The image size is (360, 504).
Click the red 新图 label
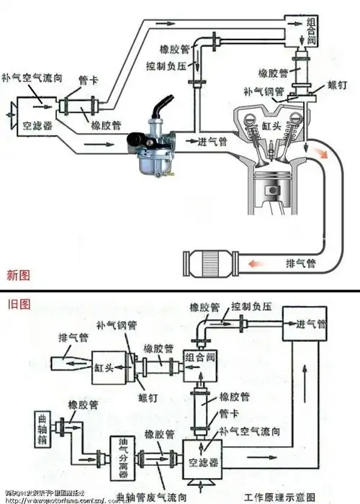18,274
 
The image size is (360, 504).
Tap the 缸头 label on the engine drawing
273,125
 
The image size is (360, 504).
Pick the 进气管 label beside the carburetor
213,142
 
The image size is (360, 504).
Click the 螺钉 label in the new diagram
338,86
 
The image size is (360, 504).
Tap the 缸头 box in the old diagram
104,366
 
